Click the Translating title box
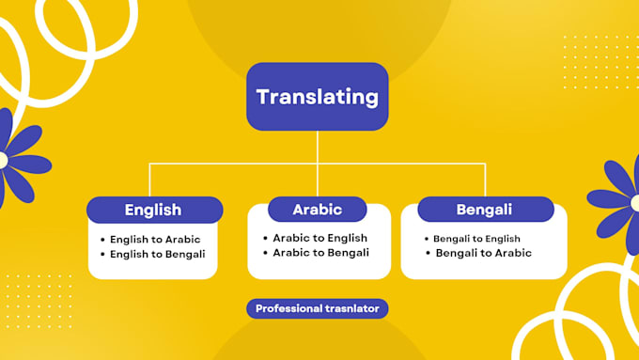318,96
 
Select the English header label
154,210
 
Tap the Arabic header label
317,209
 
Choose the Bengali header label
484,209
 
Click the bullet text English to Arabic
155,239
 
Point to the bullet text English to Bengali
157,254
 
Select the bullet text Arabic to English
320,238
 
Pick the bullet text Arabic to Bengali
321,252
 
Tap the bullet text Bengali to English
476,239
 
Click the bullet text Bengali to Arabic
483,253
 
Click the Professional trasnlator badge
318,308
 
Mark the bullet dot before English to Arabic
102,240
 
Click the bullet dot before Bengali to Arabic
428,253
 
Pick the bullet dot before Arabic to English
266,238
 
